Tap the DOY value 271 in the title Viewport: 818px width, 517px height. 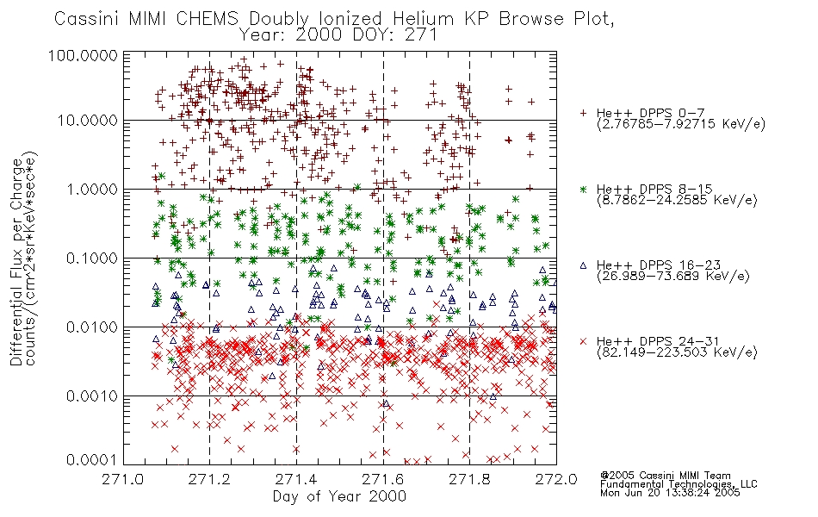pos(421,35)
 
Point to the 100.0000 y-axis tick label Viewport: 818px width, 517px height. pos(83,55)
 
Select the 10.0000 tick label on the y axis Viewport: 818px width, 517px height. pos(88,121)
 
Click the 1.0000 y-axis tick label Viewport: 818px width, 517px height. pos(92,190)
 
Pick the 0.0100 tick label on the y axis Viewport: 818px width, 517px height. pos(92,327)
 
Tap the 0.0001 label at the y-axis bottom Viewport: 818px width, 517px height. pos(92,460)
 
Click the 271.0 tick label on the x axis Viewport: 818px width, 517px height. pos(123,479)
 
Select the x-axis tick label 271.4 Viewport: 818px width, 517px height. pos(296,479)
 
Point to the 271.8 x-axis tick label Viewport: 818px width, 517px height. pos(469,479)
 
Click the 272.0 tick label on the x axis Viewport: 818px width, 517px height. pos(556,479)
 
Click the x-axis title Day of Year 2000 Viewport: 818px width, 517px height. pos(339,496)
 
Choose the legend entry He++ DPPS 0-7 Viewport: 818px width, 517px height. pos(650,114)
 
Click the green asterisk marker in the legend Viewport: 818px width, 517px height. pos(583,190)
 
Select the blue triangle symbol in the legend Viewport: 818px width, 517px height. pos(583,265)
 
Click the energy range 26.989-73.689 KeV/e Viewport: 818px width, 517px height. pos(673,277)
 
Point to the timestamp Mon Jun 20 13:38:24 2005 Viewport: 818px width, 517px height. pos(670,493)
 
